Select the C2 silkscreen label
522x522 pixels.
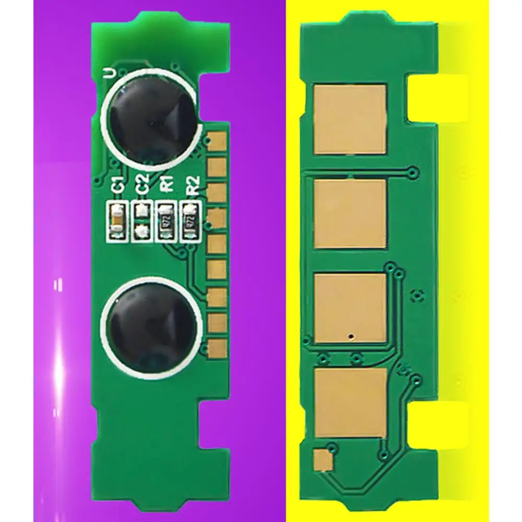pos(140,184)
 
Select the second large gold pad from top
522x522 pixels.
pos(350,213)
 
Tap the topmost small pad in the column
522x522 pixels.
pos(215,142)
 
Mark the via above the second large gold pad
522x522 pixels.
pos(413,171)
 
